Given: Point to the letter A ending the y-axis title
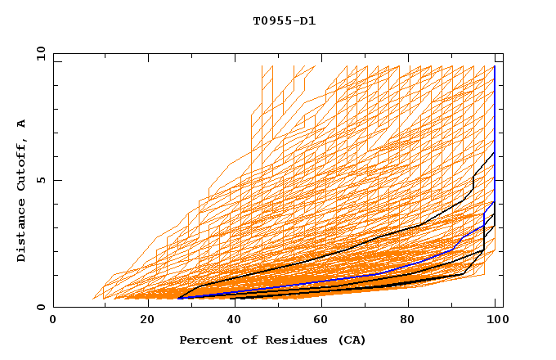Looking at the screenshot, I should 21,124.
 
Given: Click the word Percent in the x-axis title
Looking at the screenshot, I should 204,340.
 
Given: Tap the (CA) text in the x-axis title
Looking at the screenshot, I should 350,340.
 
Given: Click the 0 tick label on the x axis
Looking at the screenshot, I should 53,321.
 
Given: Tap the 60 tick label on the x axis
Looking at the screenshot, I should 325,321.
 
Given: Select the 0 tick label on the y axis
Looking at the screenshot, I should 40,308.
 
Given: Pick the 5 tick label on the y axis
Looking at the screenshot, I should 40,181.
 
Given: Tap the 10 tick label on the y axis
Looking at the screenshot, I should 37,54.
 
